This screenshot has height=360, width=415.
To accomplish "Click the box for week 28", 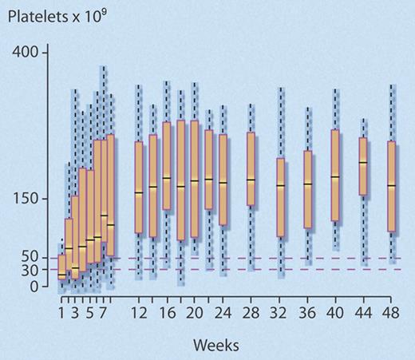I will click(x=251, y=169).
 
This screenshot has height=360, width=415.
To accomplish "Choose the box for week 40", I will click(x=335, y=176).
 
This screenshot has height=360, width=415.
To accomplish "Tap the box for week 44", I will click(x=363, y=166).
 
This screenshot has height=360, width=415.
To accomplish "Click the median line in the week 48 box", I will click(x=391, y=185).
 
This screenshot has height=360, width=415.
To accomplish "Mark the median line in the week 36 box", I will click(x=308, y=184).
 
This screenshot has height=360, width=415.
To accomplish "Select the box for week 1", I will click(x=62, y=267).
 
